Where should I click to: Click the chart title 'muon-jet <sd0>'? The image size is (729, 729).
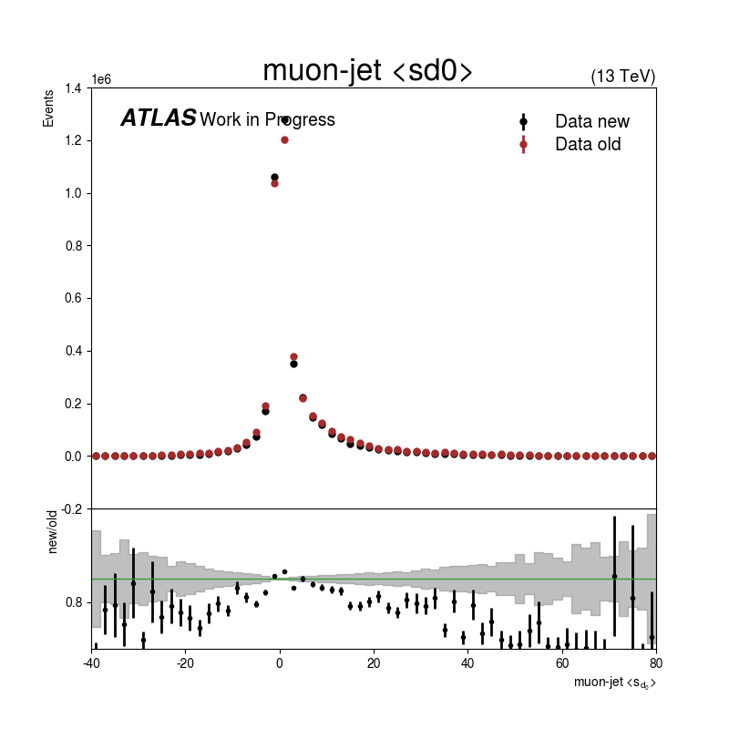coord(367,71)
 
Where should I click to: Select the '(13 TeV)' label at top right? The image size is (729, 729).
coord(623,77)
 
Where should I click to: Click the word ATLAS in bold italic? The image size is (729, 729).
coord(159,118)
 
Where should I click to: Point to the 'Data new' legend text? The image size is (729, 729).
coord(591,121)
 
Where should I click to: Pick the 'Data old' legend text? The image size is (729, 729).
coord(588,144)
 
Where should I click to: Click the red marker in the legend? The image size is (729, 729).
coord(523,145)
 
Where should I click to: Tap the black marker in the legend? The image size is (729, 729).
coord(523,122)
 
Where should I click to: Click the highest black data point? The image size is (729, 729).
coord(285,120)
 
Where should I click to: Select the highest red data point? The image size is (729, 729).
coord(284,140)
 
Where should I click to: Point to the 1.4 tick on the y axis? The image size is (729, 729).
coord(73,87)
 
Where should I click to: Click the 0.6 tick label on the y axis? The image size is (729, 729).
coord(73,298)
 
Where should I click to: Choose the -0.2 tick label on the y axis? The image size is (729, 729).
coord(71,509)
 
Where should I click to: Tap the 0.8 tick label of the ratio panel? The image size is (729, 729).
coord(73,602)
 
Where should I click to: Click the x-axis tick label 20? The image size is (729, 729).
coord(374,663)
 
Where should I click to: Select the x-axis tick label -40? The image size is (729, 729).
coord(92,663)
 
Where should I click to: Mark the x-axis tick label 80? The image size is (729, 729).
coord(656,663)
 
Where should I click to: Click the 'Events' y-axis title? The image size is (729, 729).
coord(48,108)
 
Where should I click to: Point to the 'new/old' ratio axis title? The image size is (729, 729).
coord(52,532)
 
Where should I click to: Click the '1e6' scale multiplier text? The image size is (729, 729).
coord(101,79)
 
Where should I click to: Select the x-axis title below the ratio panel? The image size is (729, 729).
coord(614,683)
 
